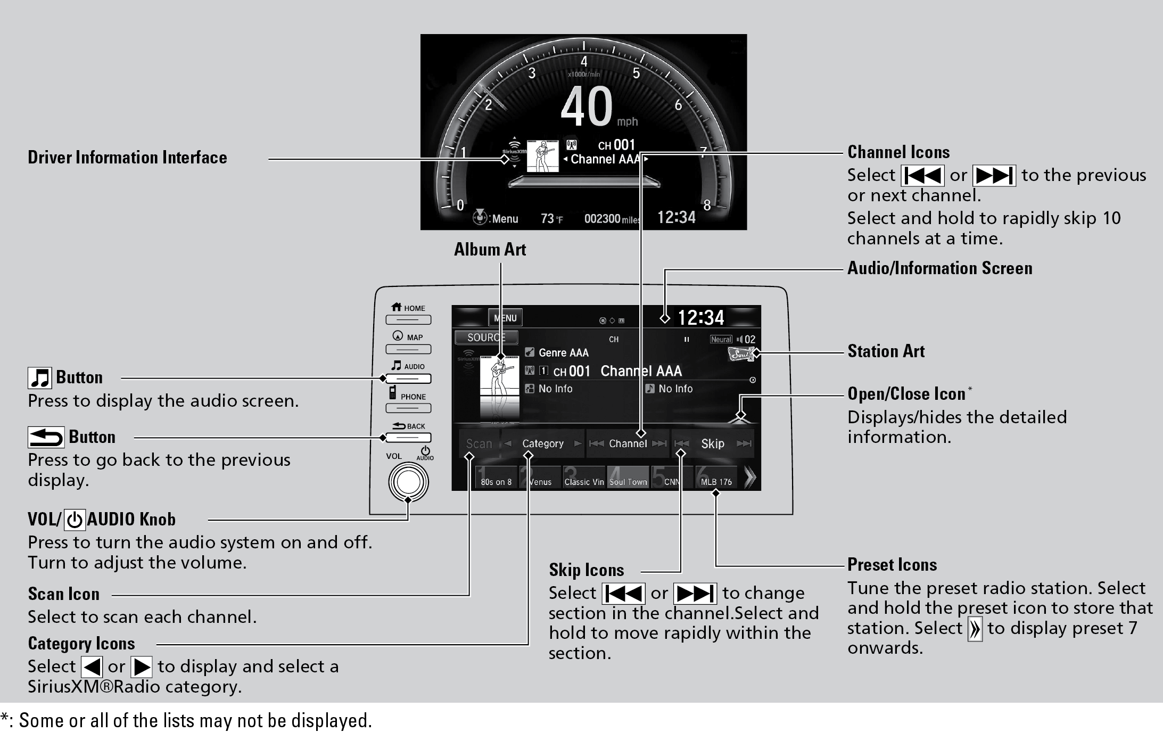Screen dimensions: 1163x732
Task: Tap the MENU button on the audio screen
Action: point(505,318)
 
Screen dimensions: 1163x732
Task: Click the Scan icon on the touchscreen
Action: point(479,443)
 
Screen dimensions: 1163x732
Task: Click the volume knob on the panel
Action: point(408,482)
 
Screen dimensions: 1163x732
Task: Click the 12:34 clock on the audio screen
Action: point(700,318)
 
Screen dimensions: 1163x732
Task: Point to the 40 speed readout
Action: point(587,106)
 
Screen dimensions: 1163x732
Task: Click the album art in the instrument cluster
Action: point(542,156)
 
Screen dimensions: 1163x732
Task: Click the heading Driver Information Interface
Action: point(127,158)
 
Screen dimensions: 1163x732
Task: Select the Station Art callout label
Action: point(886,351)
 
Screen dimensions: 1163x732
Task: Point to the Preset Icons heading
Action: point(892,565)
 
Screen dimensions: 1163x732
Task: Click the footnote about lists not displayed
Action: point(186,720)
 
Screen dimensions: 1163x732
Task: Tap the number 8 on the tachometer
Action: point(707,205)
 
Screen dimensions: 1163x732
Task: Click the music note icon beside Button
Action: point(40,378)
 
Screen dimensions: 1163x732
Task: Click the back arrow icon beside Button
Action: point(46,438)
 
